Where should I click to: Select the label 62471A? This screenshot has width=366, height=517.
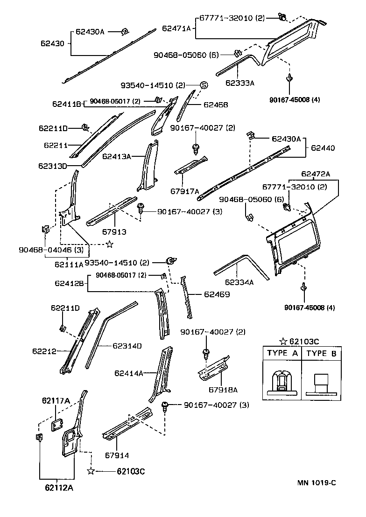pos(176,28)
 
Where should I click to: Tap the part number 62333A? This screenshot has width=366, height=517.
pos(239,84)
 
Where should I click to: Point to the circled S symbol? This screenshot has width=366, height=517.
pos(204,85)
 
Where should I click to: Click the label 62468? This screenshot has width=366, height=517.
pos(216,105)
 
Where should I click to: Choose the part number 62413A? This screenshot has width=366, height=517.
pos(116,157)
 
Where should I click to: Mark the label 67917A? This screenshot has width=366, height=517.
pos(184,191)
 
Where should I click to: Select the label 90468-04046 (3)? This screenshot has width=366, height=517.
pos(45,251)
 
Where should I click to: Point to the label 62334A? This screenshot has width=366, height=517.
pos(239,282)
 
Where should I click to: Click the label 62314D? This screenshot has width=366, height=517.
pos(127,346)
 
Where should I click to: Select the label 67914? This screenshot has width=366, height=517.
pos(117,455)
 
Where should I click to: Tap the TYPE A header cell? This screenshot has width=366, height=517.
pos(282,353)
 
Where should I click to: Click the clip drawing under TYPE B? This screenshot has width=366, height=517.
pos(321,383)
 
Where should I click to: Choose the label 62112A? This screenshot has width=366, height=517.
pos(59,488)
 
